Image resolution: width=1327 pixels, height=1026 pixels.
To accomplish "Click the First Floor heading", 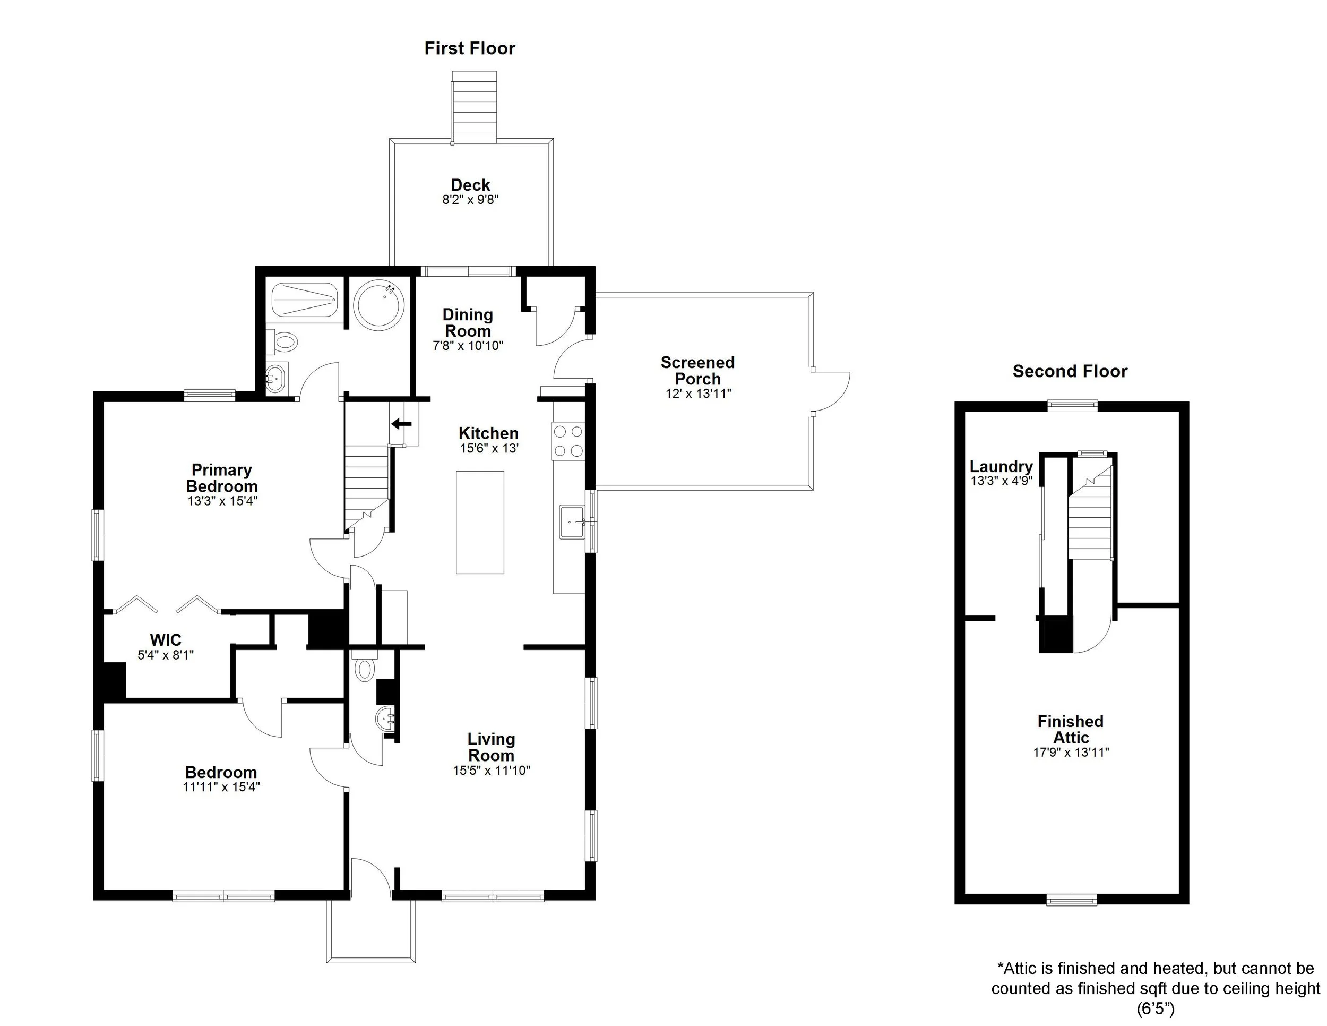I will (x=469, y=49).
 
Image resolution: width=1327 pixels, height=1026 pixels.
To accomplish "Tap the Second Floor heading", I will (x=1070, y=371).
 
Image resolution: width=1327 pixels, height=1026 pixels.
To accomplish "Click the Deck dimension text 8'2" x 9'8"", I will (x=470, y=199).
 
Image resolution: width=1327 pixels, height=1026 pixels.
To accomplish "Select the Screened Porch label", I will (x=697, y=370).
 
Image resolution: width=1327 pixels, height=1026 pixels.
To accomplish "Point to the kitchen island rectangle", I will (x=480, y=522).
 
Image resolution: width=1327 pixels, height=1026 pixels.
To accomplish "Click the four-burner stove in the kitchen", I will (x=568, y=441).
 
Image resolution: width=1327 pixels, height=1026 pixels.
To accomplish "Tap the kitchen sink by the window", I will (x=572, y=521).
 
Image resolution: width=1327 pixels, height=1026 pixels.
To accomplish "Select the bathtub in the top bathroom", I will (x=303, y=300).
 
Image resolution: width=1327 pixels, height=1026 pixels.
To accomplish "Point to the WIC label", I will (x=165, y=639).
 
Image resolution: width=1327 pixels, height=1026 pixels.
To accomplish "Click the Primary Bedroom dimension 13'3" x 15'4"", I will (x=222, y=501).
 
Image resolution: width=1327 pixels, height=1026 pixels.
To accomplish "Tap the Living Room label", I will (x=491, y=747).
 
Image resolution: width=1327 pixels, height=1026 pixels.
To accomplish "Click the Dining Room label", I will (x=467, y=323).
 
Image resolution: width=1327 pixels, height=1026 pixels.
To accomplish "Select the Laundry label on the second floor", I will (x=1001, y=466).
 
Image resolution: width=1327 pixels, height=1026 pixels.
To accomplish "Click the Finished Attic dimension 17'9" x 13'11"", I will (x=1071, y=753).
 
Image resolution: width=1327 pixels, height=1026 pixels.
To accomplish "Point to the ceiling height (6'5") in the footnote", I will (x=1155, y=1009).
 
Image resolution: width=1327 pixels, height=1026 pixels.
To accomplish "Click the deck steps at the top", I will (x=474, y=107).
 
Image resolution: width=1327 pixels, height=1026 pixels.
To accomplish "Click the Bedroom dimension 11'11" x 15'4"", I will (x=221, y=787).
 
